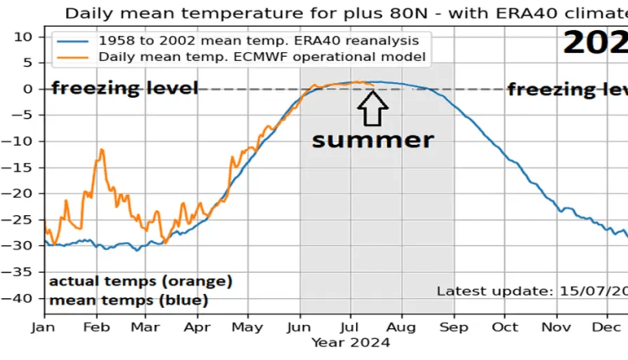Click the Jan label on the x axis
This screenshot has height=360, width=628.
[x=44, y=328]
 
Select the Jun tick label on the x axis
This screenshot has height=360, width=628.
[x=300, y=328]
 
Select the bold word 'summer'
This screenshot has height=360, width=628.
[x=373, y=139]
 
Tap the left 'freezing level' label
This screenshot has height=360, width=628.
[x=125, y=88]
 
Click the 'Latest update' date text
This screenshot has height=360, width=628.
[x=531, y=291]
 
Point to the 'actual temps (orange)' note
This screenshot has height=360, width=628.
[x=140, y=280]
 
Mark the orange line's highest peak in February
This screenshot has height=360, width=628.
[x=102, y=150]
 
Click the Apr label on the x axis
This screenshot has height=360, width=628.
[x=197, y=328]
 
